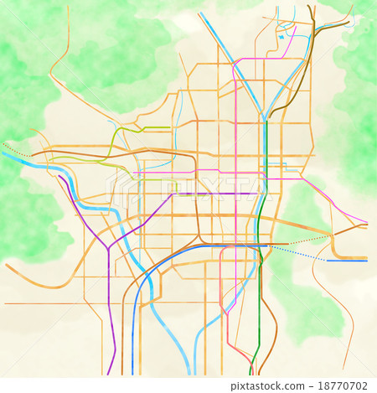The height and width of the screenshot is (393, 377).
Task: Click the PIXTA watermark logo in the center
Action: [x=188, y=186]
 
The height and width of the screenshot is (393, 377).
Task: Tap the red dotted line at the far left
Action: [x=15, y=150]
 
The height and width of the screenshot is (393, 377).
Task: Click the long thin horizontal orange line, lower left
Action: [x=50, y=303]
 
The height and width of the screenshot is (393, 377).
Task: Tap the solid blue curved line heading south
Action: [x=147, y=285]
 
